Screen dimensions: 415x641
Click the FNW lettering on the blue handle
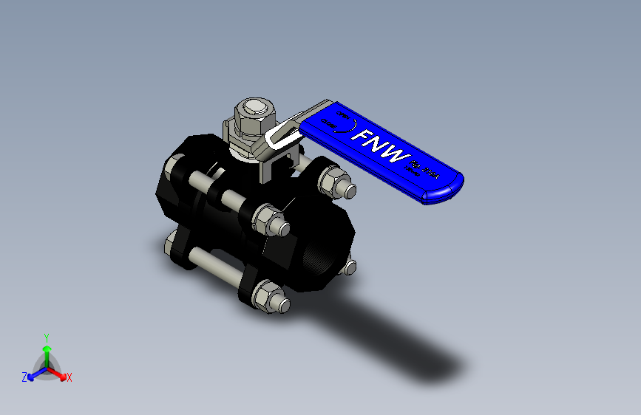381,145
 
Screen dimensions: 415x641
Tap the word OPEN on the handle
341,116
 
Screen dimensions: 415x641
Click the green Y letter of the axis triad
46,337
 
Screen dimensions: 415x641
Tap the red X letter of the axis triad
69,378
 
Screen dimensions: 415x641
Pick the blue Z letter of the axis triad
24,377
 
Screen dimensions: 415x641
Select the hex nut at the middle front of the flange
268,219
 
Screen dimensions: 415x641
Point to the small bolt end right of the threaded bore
350,266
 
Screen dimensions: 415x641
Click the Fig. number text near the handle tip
425,171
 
